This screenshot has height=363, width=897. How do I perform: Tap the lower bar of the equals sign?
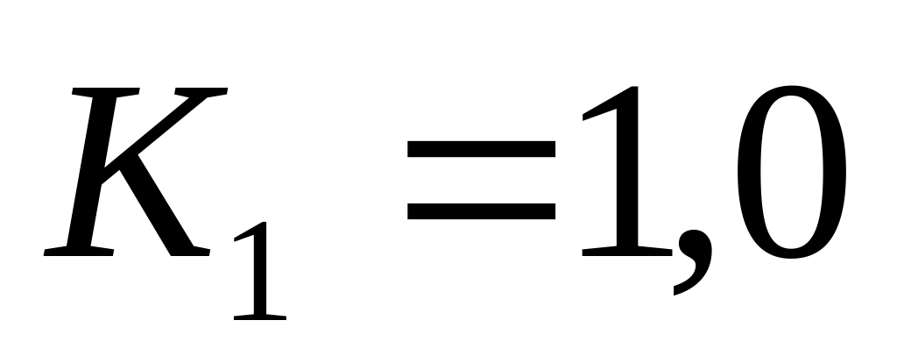click(x=481, y=210)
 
